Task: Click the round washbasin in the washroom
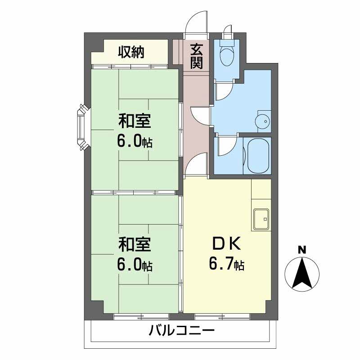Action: (263, 121)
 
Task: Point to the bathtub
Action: (257, 155)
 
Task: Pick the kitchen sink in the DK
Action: (261, 219)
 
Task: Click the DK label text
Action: (226, 244)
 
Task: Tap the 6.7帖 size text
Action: (226, 264)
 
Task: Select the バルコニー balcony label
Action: (181, 331)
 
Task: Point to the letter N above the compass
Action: (302, 250)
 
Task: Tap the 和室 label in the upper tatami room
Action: (135, 121)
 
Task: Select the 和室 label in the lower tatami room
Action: (135, 244)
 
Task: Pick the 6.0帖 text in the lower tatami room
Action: (135, 265)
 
